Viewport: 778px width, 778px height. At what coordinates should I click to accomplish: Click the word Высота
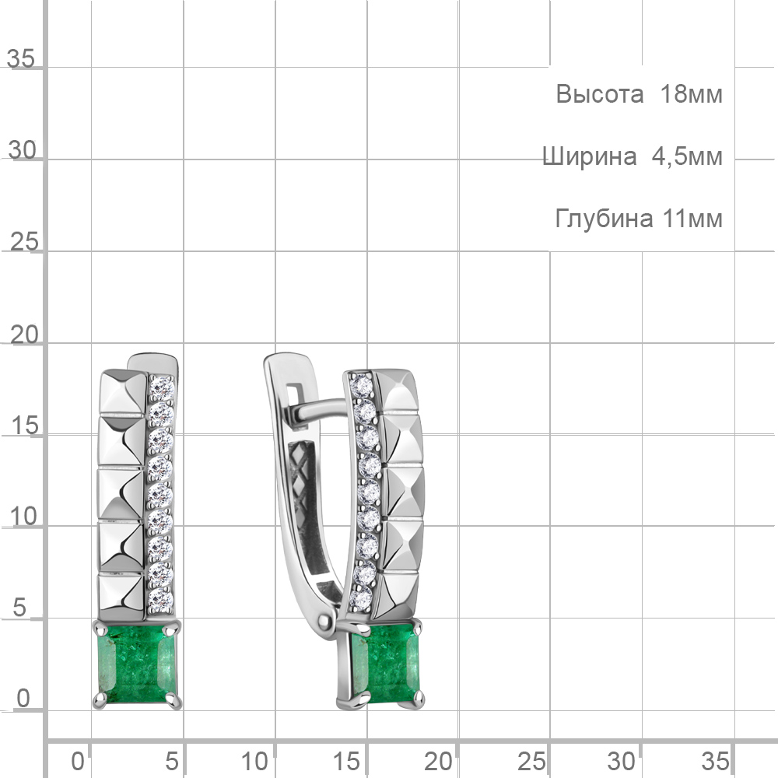tap(599, 94)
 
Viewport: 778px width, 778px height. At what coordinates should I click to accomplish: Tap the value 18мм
tap(691, 94)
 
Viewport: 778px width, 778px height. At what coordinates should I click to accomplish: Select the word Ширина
tap(590, 156)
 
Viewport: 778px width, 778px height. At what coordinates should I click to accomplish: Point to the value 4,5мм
tap(687, 157)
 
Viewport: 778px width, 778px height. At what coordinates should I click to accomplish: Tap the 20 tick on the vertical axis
tap(24, 335)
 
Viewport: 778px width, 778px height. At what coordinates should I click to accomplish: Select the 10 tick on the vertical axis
tap(23, 517)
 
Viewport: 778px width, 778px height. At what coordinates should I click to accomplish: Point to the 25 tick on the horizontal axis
tap(531, 761)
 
